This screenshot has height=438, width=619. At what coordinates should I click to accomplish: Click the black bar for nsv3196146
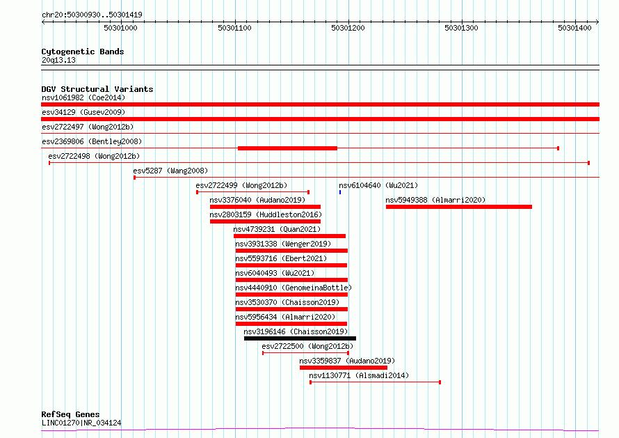tap(300, 338)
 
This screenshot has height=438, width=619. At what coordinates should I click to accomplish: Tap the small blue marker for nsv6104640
tap(340, 192)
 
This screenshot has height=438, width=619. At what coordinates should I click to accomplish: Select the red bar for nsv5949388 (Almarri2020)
tap(459, 207)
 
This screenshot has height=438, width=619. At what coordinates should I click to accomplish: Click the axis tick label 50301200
tap(348, 28)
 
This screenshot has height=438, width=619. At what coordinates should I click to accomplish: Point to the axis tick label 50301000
tap(120, 28)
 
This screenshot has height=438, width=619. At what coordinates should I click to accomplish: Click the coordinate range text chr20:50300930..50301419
tap(92, 15)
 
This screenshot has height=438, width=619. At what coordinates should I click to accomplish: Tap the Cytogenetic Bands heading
tap(83, 52)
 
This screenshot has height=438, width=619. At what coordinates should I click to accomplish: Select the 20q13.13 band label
tap(58, 60)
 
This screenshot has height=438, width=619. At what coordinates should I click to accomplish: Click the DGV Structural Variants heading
tap(97, 89)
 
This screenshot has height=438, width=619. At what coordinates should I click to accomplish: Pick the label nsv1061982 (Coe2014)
tap(83, 97)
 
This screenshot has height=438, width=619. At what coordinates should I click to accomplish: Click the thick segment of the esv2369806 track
tap(287, 148)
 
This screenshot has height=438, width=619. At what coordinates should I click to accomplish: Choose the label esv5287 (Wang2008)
tap(170, 171)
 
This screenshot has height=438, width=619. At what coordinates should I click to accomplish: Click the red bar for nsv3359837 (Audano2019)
tap(344, 368)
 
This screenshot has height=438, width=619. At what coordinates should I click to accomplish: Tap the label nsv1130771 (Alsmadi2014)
tap(359, 375)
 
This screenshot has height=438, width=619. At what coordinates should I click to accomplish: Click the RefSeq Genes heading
tap(70, 414)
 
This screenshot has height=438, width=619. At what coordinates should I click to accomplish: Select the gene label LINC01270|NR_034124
tap(81, 423)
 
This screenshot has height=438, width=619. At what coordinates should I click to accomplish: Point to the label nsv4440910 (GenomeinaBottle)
tap(294, 288)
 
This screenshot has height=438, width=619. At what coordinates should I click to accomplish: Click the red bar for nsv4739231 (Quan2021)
tap(289, 236)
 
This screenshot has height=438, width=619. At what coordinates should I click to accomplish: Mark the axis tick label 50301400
tap(574, 28)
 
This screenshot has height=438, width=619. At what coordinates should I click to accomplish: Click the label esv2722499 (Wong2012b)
tap(241, 185)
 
